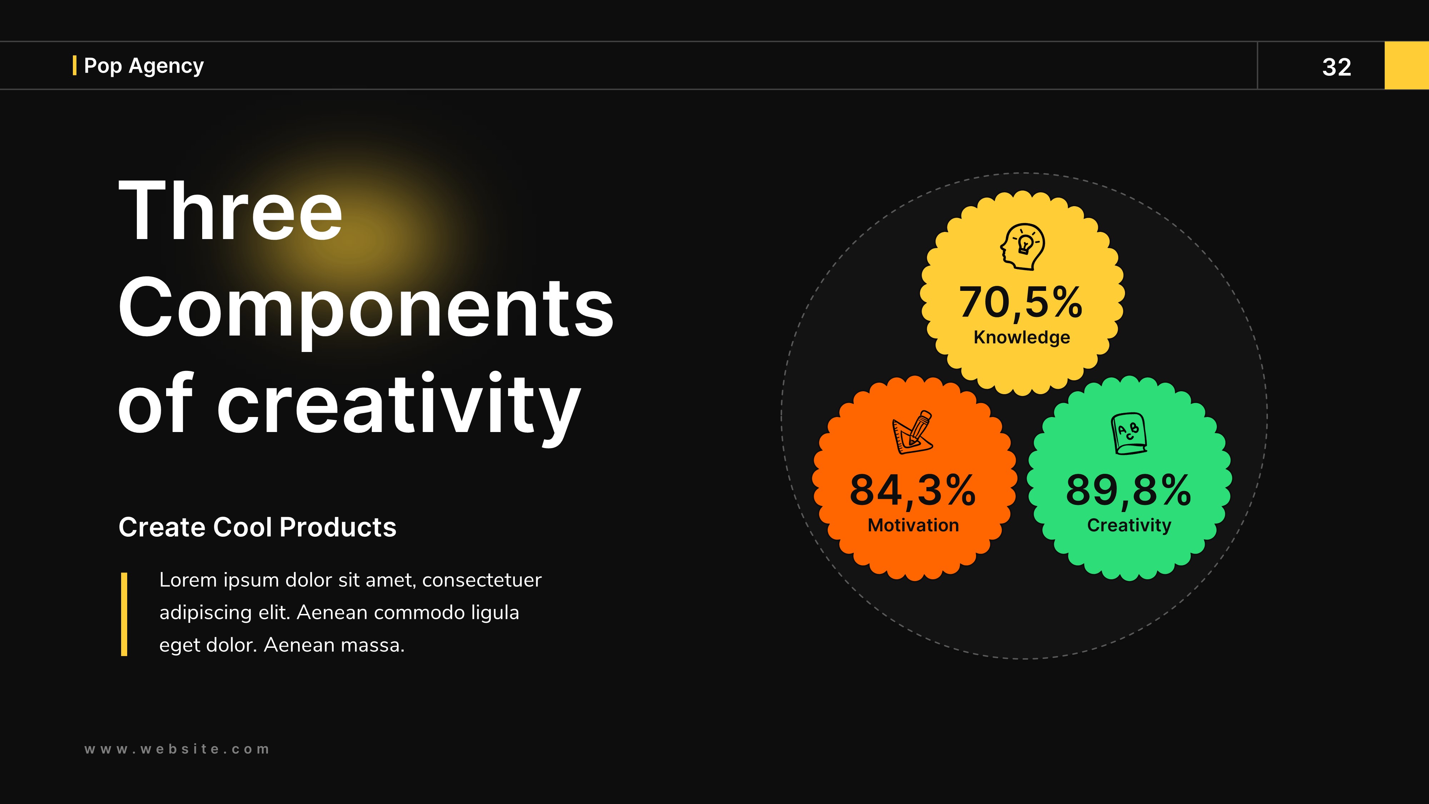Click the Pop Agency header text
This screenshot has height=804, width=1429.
tap(144, 65)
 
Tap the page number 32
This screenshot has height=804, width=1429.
tap(1336, 67)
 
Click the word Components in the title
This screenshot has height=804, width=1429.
tap(365, 308)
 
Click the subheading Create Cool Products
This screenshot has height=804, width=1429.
tap(257, 527)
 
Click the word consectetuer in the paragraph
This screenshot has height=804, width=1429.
tap(482, 580)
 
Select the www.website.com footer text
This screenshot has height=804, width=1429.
tap(177, 749)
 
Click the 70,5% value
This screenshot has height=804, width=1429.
tap(1021, 303)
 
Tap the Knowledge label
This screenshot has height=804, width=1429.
tap(1022, 337)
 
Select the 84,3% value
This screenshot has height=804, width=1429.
tap(912, 491)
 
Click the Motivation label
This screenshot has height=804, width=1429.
tap(913, 525)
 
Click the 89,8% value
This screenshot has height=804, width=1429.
tap(1128, 491)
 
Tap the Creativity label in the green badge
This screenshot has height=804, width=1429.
tap(1129, 525)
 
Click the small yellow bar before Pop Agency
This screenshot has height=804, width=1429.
tap(74, 65)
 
